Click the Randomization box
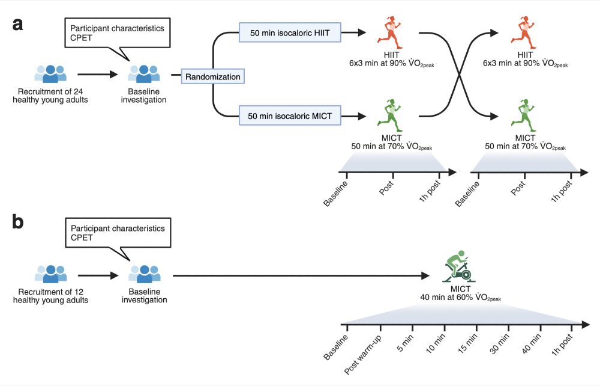pyautogui.click(x=213, y=77)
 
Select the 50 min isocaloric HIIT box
pyautogui.click(x=290, y=32)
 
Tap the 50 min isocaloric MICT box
pyautogui.click(x=290, y=115)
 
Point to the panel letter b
pyautogui.click(x=19, y=223)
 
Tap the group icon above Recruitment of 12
pyautogui.click(x=50, y=274)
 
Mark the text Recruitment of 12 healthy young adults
pyautogui.click(x=51, y=295)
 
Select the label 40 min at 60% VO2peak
pyautogui.click(x=461, y=296)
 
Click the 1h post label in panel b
pyautogui.click(x=563, y=348)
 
